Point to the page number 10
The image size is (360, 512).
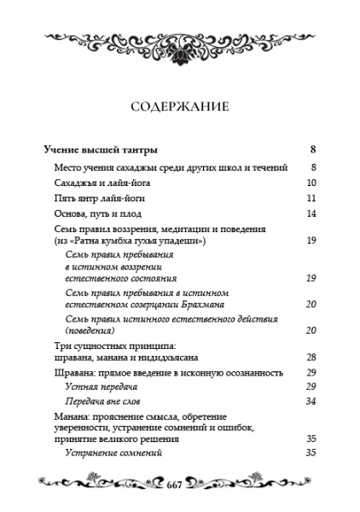pyautogui.click(x=311, y=183)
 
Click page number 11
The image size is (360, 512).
pyautogui.click(x=311, y=198)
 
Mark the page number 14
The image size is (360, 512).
pyautogui.click(x=311, y=213)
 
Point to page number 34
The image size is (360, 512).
pyautogui.click(x=311, y=400)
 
